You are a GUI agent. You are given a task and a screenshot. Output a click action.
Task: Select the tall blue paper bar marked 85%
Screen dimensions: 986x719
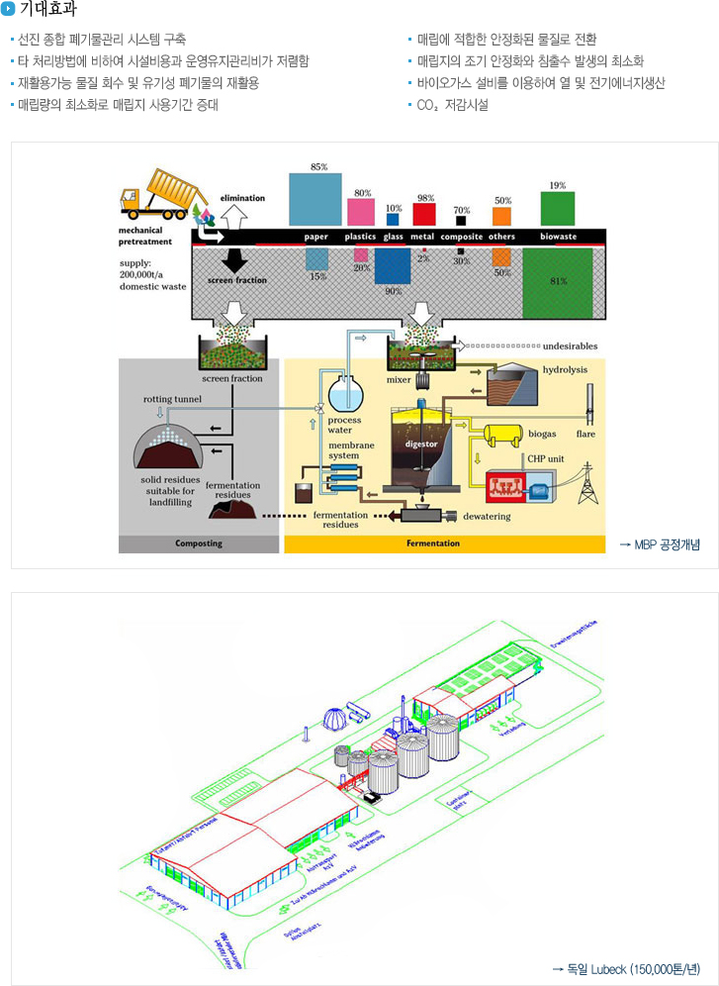click(x=315, y=199)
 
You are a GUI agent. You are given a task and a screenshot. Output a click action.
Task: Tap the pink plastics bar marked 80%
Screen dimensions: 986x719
click(x=361, y=211)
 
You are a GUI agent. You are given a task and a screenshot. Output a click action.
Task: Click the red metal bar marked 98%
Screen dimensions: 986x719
click(x=424, y=213)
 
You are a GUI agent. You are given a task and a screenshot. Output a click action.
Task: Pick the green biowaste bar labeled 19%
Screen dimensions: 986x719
click(x=558, y=208)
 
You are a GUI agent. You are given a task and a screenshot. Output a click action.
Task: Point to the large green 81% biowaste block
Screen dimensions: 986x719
click(x=558, y=282)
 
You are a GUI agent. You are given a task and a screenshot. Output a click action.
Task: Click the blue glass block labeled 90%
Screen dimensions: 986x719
click(x=393, y=265)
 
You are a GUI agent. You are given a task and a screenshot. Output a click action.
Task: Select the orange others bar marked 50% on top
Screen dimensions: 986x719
click(x=502, y=216)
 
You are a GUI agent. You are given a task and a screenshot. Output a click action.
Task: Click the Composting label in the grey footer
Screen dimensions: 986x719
click(x=199, y=543)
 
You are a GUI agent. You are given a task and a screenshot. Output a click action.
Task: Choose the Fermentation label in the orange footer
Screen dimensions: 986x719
click(x=433, y=543)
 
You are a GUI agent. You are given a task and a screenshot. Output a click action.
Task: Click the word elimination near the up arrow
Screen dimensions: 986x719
click(x=242, y=198)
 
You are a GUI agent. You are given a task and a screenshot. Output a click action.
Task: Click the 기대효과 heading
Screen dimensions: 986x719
click(x=47, y=10)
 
